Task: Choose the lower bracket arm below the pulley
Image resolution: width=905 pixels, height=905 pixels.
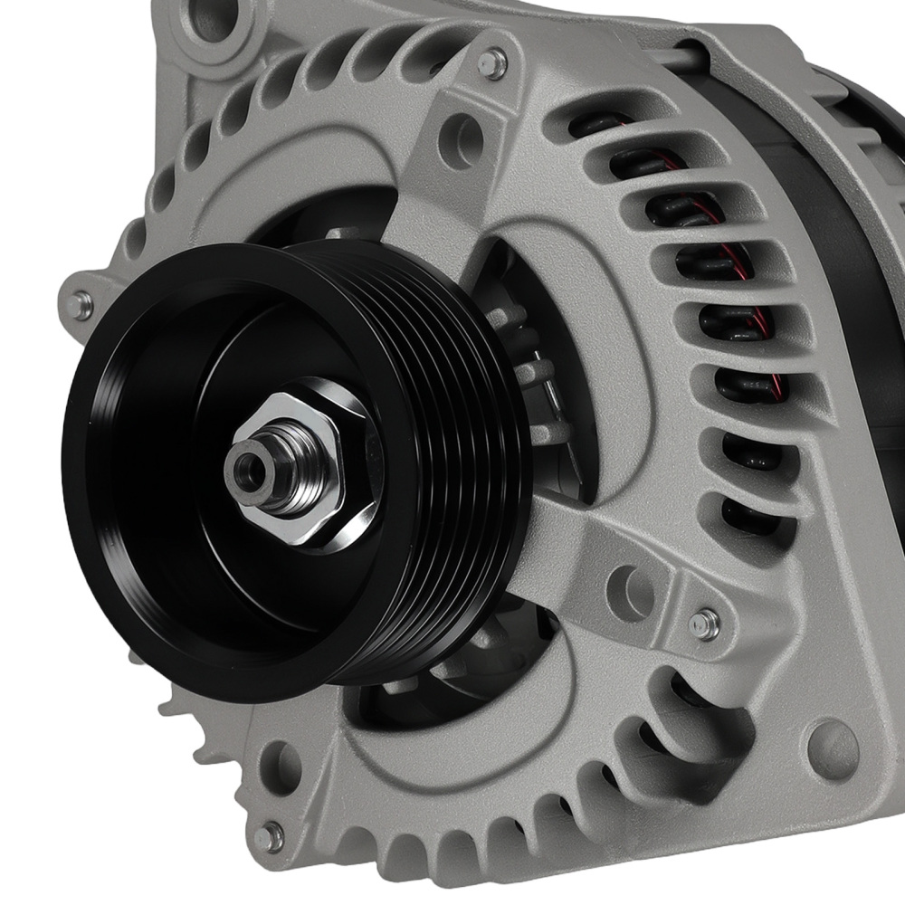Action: tap(579, 543)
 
